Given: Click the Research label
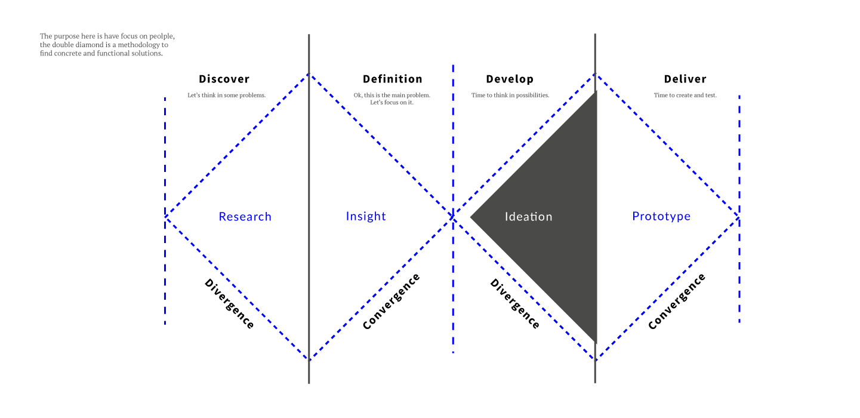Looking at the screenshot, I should click(245, 217).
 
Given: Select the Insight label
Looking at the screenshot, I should click(366, 216).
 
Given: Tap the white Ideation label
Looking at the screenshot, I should click(528, 217).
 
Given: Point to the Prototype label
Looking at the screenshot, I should click(661, 216).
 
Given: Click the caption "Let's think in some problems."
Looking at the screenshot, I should click(226, 95).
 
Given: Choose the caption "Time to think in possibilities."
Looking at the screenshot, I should click(510, 95).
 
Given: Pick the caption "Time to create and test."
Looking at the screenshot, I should click(685, 95).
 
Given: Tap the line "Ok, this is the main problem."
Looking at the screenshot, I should click(392, 95).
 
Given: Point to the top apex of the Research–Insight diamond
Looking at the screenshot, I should click(309, 75).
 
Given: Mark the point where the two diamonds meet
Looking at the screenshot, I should click(454, 217).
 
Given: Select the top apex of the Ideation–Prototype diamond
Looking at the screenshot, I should click(595, 75).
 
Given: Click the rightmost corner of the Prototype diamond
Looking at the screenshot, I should click(739, 218).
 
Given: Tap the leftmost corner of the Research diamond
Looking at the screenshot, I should click(166, 216).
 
